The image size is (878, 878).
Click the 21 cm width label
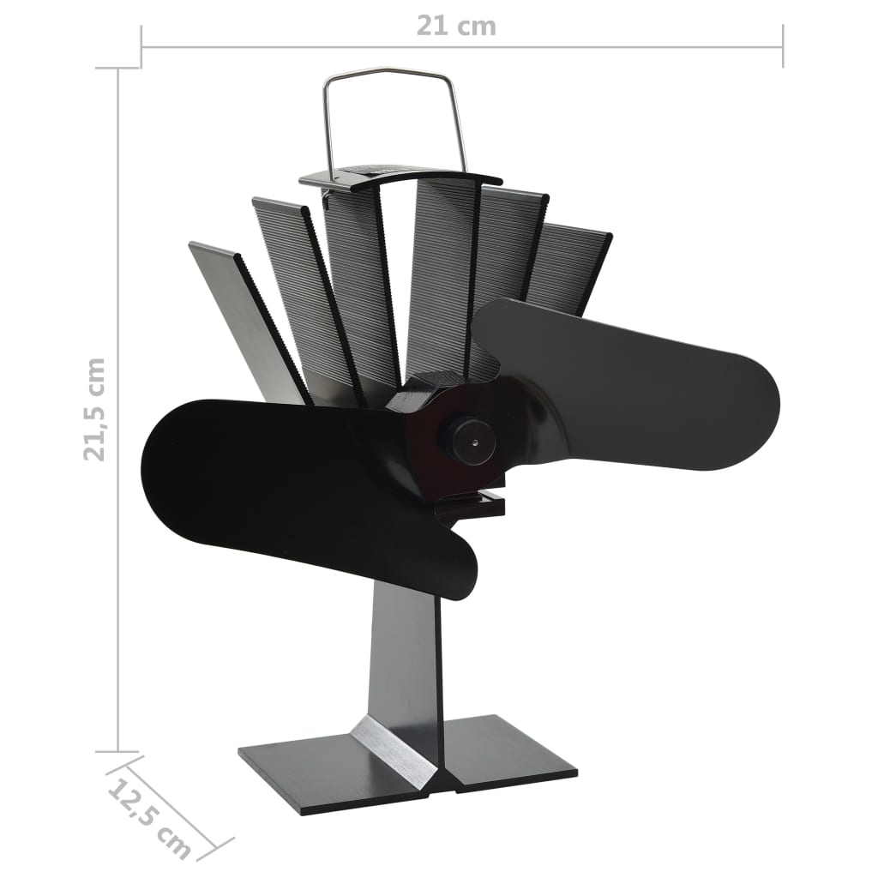456,26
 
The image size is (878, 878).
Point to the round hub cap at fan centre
468,439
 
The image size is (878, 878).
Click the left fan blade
257,480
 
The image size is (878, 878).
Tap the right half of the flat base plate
506,755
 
